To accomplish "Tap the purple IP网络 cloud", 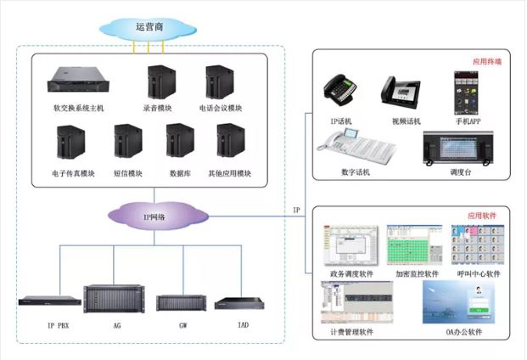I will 155,217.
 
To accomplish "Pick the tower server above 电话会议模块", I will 219,82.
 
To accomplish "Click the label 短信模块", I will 127,174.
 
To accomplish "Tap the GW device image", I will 181,302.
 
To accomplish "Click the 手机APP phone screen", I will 467,89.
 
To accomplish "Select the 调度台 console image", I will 458,150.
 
